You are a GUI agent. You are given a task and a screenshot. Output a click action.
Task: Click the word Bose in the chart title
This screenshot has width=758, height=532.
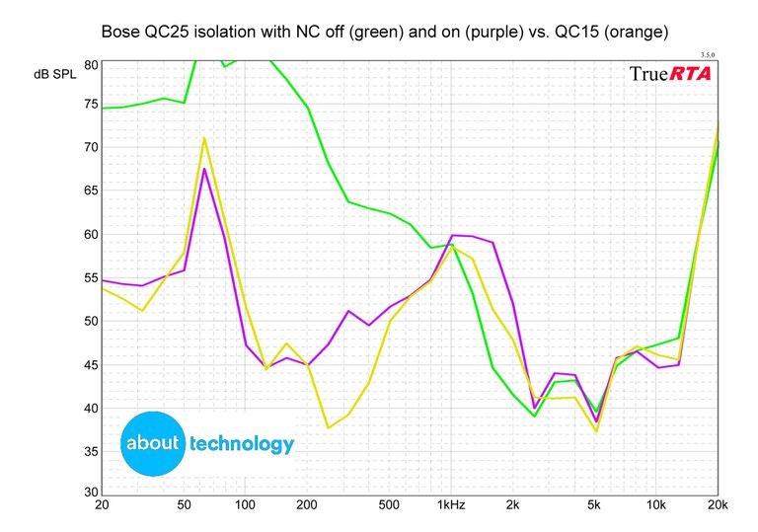[x=122, y=32]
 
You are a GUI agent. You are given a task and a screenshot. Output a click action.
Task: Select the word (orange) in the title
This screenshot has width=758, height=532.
[x=627, y=32]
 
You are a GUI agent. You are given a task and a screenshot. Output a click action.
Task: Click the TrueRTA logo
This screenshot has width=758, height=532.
[x=670, y=74]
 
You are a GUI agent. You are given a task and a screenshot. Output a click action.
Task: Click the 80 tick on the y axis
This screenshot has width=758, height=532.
[x=91, y=65]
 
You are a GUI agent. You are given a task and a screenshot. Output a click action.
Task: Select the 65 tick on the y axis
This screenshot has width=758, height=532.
[x=91, y=191]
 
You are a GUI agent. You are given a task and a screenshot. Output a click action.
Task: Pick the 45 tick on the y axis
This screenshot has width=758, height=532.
[x=91, y=365]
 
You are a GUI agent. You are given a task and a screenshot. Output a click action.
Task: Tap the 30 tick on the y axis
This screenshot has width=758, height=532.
[x=91, y=493]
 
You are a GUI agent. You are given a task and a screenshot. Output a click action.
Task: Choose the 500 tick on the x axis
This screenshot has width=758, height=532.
[x=389, y=505]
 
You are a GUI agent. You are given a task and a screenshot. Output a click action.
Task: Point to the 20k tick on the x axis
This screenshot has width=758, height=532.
[x=718, y=505]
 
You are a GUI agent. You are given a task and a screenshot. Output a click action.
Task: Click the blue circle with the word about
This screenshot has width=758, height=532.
[x=152, y=442]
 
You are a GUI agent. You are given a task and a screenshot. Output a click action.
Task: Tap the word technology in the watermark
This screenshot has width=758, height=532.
[x=242, y=444]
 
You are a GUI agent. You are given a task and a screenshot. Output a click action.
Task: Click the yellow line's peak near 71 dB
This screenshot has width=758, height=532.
[x=204, y=138]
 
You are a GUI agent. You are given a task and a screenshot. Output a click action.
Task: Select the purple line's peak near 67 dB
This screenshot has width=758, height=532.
[x=204, y=169]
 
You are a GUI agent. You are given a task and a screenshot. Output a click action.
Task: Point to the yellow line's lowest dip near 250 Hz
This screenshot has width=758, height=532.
[x=328, y=427]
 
